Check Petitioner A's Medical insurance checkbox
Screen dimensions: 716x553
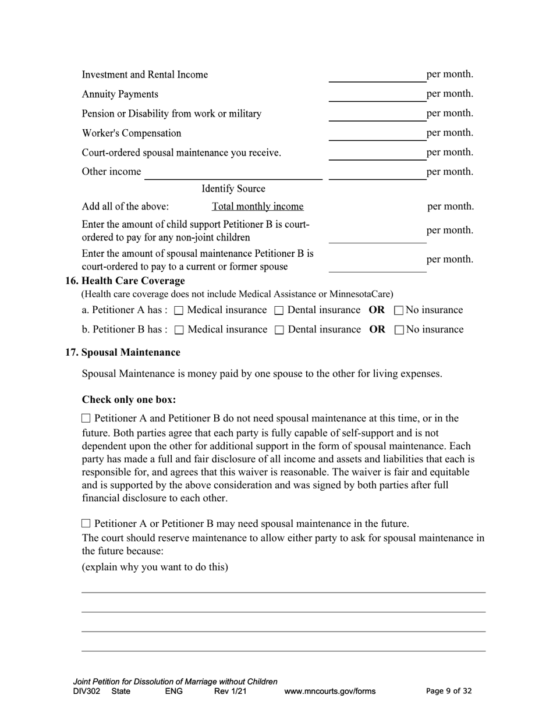(179, 311)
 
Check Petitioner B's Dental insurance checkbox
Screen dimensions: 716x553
(279, 330)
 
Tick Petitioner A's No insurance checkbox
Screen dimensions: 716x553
(399, 311)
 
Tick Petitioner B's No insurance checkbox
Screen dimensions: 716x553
(399, 330)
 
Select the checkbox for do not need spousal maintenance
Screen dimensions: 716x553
(87, 419)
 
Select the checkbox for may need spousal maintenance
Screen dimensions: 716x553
(87, 523)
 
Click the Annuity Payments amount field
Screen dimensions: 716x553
(377, 95)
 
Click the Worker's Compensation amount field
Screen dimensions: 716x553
(377, 134)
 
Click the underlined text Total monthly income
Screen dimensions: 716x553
(257, 207)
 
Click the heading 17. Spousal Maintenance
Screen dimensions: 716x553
(122, 352)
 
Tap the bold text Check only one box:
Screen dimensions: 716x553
(129, 400)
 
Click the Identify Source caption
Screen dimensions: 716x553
(233, 189)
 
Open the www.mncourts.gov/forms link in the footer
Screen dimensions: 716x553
(329, 692)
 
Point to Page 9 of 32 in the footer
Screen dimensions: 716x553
(449, 691)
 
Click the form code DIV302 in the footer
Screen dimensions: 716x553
(87, 692)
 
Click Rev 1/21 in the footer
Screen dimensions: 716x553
(231, 692)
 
